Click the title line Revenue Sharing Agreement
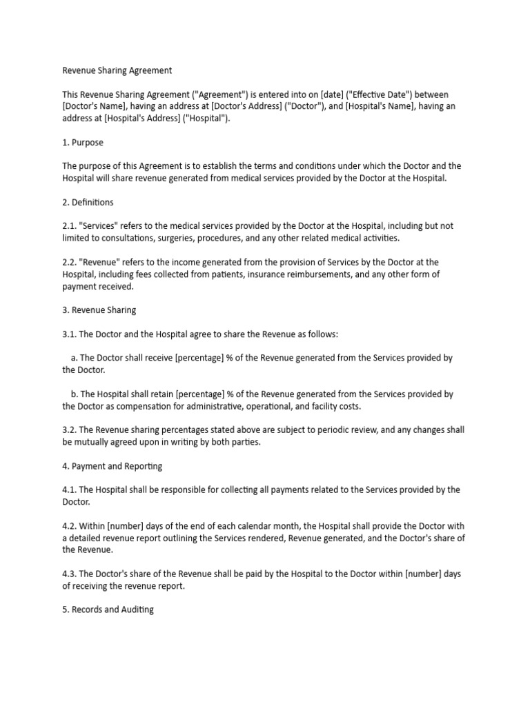[117, 70]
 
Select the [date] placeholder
[322, 94]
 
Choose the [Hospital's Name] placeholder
[380, 106]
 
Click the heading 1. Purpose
[83, 143]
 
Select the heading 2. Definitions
[88, 203]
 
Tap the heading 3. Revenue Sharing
[99, 310]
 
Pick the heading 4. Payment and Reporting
[112, 466]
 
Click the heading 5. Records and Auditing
[108, 609]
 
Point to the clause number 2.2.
[70, 262]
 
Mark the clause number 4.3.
[70, 574]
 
